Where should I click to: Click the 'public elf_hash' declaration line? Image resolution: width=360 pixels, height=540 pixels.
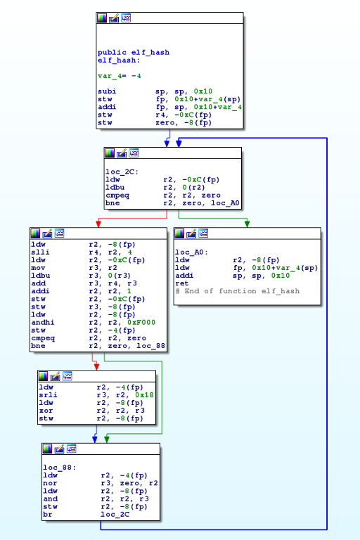pyautogui.click(x=134, y=52)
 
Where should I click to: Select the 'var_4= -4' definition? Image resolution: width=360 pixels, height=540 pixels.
pyautogui.click(x=120, y=76)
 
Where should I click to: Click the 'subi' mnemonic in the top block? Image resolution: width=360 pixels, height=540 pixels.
pyautogui.click(x=107, y=91)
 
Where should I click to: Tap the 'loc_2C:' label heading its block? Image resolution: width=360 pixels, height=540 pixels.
pyautogui.click(x=122, y=172)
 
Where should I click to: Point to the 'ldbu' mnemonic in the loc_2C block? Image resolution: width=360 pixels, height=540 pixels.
pyautogui.click(x=115, y=187)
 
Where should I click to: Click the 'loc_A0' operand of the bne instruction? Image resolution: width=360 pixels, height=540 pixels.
pyautogui.click(x=225, y=202)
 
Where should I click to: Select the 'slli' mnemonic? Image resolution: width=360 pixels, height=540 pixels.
pyautogui.click(x=40, y=252)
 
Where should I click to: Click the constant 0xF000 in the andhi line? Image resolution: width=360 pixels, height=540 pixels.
pyautogui.click(x=141, y=322)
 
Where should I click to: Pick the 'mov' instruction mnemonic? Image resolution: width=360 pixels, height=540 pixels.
pyautogui.click(x=38, y=268)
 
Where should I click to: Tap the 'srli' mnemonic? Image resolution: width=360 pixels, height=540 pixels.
pyautogui.click(x=48, y=395)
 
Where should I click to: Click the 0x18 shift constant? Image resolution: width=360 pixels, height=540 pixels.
pyautogui.click(x=144, y=395)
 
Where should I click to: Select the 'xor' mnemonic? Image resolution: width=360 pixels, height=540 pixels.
pyautogui.click(x=46, y=411)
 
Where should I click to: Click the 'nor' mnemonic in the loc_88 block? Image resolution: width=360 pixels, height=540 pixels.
pyautogui.click(x=50, y=483)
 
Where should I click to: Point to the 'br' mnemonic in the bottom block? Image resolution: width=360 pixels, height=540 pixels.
pyautogui.click(x=48, y=515)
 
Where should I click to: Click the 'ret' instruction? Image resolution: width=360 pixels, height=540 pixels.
pyautogui.click(x=182, y=283)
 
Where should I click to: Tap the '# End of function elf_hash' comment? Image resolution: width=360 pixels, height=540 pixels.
pyautogui.click(x=238, y=291)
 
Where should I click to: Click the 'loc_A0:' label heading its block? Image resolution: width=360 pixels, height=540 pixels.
pyautogui.click(x=191, y=252)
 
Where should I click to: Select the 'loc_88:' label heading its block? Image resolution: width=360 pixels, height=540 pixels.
pyautogui.click(x=59, y=468)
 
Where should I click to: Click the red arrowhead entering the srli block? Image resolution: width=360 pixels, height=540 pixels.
pyautogui.click(x=96, y=366)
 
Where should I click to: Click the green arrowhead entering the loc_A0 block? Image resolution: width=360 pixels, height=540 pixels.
pyautogui.click(x=247, y=224)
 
